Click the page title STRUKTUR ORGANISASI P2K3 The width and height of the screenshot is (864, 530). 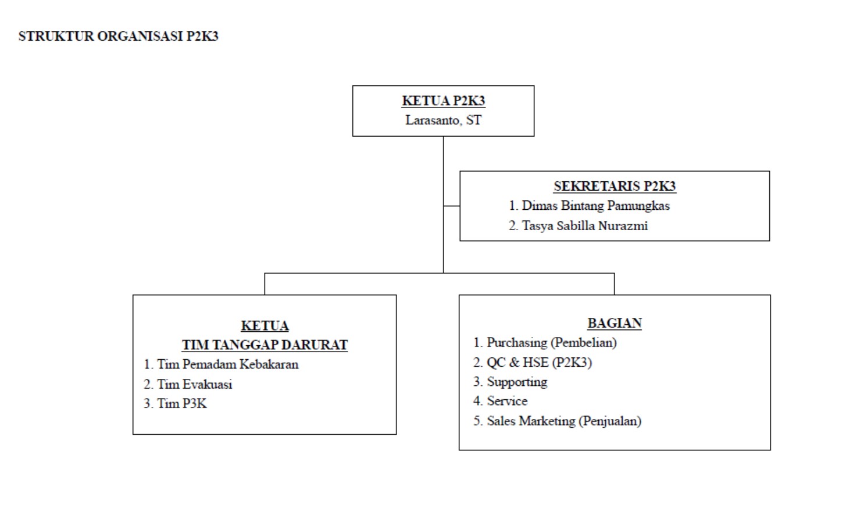(118, 36)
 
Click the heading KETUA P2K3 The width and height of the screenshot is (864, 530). (443, 101)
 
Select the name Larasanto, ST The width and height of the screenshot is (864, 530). (443, 120)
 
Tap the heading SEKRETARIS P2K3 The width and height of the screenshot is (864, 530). (614, 186)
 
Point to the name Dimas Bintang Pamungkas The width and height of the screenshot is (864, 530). (595, 206)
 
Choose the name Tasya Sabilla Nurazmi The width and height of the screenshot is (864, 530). (584, 225)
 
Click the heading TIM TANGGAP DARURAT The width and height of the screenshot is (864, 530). (265, 345)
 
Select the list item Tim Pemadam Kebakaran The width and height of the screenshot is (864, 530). (227, 364)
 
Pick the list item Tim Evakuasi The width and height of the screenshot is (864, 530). (194, 384)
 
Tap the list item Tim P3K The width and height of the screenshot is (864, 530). (181, 403)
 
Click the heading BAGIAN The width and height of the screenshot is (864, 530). (614, 323)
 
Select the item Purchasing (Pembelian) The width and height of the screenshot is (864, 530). (551, 342)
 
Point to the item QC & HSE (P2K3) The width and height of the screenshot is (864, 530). (539, 363)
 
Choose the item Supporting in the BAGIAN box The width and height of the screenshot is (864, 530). (517, 382)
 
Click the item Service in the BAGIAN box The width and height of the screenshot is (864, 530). (507, 401)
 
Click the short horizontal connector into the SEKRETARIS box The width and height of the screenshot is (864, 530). (451, 206)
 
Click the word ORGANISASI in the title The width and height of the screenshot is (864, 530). (140, 36)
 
